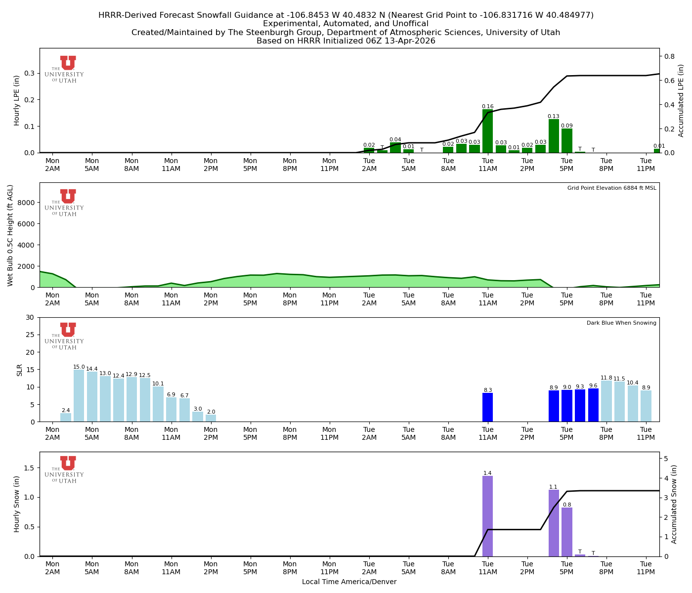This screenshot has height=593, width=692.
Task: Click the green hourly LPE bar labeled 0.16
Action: [x=487, y=131]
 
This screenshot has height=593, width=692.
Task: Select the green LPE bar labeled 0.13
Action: [x=554, y=136]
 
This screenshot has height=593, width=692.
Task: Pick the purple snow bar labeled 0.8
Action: [x=567, y=532]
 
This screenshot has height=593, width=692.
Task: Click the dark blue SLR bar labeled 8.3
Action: [x=487, y=408]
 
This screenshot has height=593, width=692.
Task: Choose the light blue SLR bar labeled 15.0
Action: [x=79, y=396]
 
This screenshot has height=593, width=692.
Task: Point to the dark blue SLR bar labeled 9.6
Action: [x=593, y=405]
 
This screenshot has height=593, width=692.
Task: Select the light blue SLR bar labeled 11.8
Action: [x=606, y=401]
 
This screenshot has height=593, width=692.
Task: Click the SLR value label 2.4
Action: [x=66, y=411]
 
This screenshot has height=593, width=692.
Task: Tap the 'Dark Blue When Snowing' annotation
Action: [x=621, y=323]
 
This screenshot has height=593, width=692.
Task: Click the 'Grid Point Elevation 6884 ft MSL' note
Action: [x=611, y=188]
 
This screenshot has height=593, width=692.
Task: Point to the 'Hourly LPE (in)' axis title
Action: [x=17, y=100]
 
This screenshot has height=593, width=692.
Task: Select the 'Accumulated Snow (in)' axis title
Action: [x=674, y=504]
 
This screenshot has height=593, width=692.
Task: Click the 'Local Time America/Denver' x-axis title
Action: [x=349, y=582]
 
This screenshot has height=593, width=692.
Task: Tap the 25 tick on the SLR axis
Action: [x=31, y=335]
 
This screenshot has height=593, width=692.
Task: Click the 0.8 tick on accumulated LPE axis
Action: [x=669, y=56]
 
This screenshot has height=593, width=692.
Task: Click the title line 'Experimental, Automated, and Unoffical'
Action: [x=346, y=24]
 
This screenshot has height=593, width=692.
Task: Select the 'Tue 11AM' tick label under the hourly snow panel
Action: [x=487, y=568]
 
